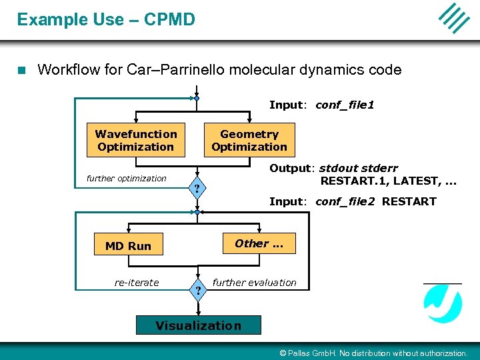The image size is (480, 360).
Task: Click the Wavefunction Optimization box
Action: (x=136, y=141)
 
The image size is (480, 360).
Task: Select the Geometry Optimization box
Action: (x=249, y=141)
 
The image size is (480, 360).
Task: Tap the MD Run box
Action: (x=128, y=245)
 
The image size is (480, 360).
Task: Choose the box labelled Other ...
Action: (x=259, y=244)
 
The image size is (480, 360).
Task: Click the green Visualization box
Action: (x=198, y=325)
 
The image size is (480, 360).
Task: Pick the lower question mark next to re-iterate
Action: (x=197, y=289)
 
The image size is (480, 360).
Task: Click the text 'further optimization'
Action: (x=127, y=178)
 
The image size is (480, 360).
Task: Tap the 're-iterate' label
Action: (x=137, y=283)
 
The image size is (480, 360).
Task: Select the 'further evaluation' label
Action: (x=254, y=283)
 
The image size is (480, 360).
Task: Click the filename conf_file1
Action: (x=345, y=105)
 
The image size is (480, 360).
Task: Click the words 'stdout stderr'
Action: (x=358, y=168)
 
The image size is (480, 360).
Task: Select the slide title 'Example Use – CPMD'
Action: (x=106, y=19)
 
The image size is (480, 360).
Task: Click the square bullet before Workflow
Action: (x=21, y=69)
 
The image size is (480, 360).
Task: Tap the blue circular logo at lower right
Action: (x=443, y=303)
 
